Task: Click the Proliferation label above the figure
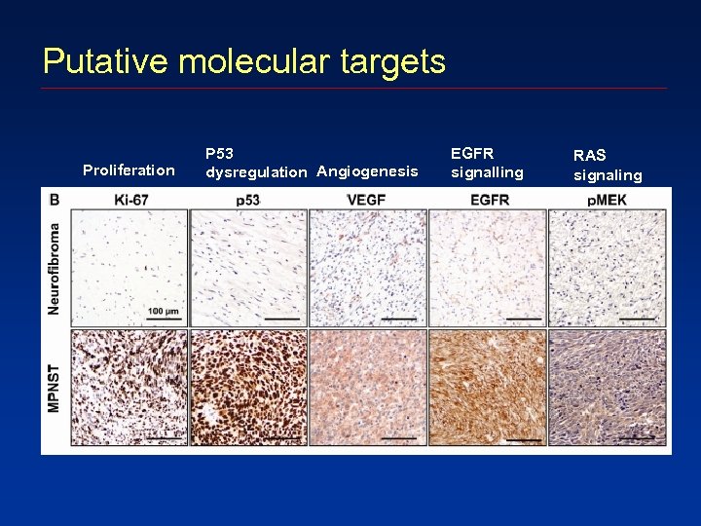point(129,170)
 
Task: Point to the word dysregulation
point(256,172)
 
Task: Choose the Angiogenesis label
point(367,171)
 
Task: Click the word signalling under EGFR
point(487,172)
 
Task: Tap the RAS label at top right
point(589,156)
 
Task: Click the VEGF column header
point(366,200)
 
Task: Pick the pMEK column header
point(608,200)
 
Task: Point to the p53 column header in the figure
point(247,200)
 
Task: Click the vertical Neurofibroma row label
point(56,268)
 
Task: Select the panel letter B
point(55,200)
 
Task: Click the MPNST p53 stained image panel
point(247,387)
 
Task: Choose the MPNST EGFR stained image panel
point(487,387)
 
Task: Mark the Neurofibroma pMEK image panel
point(608,268)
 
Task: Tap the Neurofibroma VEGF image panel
point(367,268)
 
